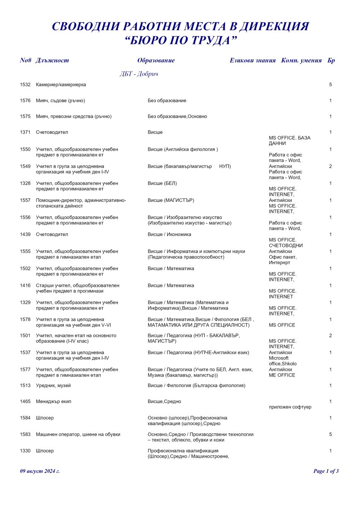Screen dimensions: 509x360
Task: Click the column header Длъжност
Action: point(52,60)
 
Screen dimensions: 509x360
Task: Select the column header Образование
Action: point(156,60)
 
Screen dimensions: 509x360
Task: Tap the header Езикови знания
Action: point(252,60)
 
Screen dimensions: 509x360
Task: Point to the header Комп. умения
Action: point(301,60)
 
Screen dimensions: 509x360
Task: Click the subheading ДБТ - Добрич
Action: point(139,74)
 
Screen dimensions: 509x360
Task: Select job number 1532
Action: point(25,85)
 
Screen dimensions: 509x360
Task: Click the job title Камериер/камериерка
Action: point(61,85)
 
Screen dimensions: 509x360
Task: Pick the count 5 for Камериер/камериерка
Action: point(330,85)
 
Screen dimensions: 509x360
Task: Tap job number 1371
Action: point(25,132)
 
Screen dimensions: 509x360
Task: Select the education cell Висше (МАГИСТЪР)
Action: point(171,200)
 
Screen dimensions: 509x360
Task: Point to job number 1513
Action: point(25,386)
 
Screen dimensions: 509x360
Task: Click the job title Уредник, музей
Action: point(53,386)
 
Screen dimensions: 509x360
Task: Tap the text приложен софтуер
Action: point(290,407)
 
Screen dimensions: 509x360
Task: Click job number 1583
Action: point(25,435)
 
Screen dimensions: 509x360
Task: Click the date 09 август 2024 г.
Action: point(40,471)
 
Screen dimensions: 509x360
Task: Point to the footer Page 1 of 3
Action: point(326,471)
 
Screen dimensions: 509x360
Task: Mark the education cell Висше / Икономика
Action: point(170,235)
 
